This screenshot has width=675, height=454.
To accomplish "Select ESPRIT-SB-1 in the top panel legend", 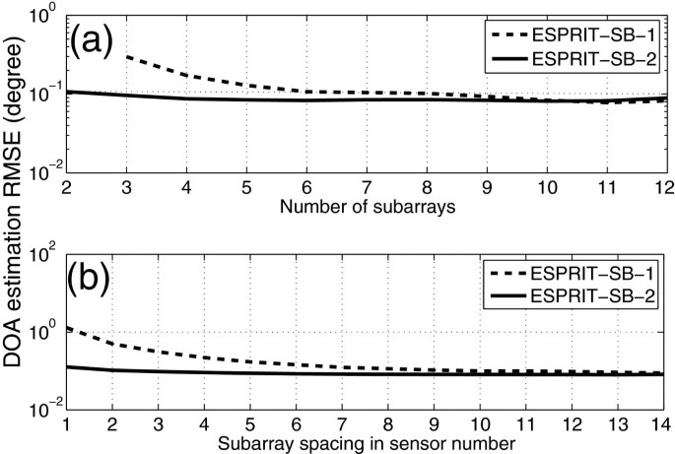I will (600, 35).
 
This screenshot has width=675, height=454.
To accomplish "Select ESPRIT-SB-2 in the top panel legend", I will (600, 59).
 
